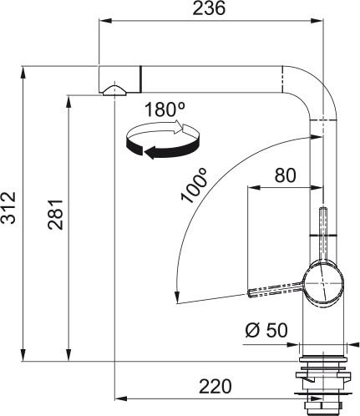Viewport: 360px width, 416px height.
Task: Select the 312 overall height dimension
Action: [10, 215]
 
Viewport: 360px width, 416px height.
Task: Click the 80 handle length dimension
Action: [286, 176]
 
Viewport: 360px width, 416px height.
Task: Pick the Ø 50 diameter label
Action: [266, 330]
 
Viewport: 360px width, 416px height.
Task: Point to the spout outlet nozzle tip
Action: [112, 90]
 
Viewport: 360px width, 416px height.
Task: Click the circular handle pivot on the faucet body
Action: [321, 282]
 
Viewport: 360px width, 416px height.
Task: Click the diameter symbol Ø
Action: [252, 330]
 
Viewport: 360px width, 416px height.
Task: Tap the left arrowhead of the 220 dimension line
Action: [118, 396]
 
